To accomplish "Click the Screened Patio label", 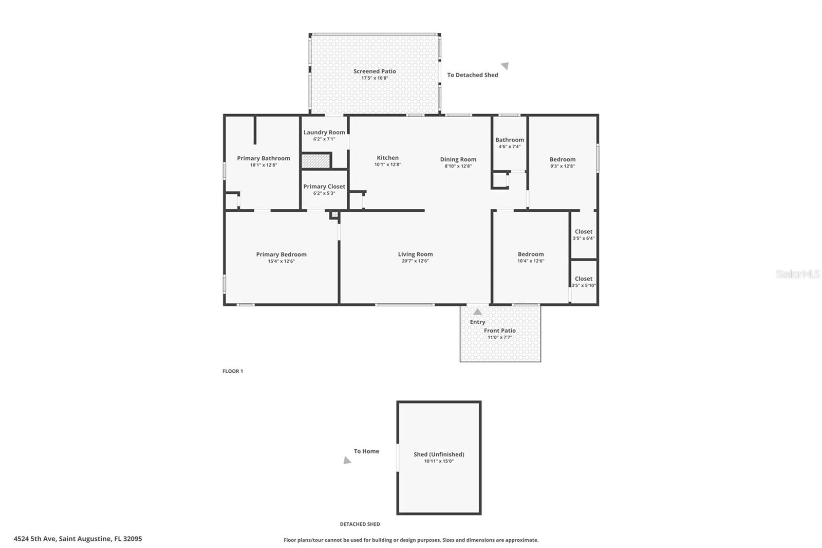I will click(x=375, y=71).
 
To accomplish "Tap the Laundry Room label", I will click(x=324, y=133).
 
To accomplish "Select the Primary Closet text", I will click(x=324, y=187).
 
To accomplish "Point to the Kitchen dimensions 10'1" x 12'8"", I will click(x=387, y=165).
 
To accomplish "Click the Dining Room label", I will click(x=458, y=159).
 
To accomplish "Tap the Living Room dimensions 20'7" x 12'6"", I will click(x=415, y=261).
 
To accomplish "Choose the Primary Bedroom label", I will click(x=281, y=254).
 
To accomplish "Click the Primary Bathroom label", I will click(x=263, y=158).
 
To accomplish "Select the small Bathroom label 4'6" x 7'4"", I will click(x=509, y=140).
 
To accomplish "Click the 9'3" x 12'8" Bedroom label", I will click(x=562, y=159).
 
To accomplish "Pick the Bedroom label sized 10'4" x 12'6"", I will click(x=530, y=254).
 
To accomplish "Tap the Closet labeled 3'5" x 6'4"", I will click(x=583, y=232).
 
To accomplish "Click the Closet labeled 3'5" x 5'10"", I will click(x=583, y=279).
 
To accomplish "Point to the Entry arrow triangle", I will click(x=477, y=312).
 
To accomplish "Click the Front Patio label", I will click(x=499, y=331).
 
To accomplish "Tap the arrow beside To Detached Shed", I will click(x=505, y=65).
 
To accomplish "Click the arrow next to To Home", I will click(x=348, y=461).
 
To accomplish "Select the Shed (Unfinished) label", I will click(x=439, y=454).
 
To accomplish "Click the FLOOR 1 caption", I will click(x=233, y=371).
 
